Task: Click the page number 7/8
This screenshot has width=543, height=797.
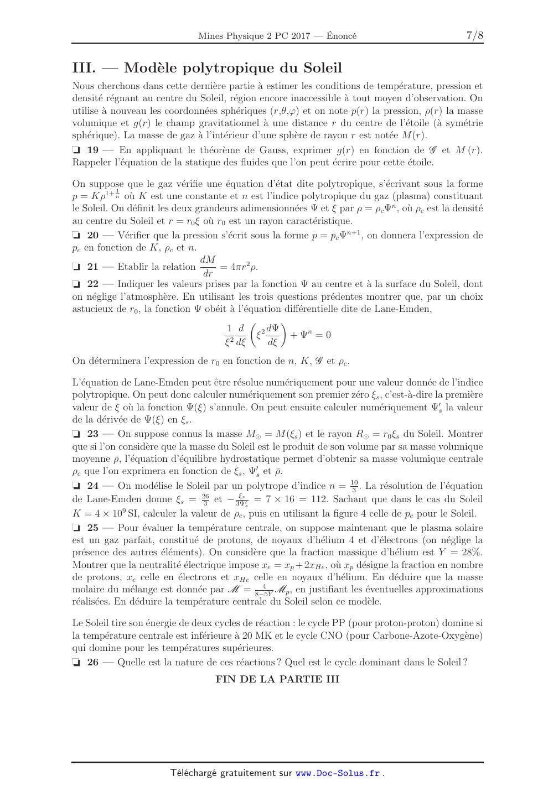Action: pos(475,36)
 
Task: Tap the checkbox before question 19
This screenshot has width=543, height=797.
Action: pos(76,150)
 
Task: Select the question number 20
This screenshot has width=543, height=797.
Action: pos(93,235)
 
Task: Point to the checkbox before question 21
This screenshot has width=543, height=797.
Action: pos(76,267)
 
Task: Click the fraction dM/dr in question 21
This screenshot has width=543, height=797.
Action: pos(208,266)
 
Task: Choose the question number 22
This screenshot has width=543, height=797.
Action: pos(93,284)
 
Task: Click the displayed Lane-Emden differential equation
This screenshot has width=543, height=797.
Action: pos(277,335)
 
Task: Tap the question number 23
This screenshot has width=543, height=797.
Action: pos(93,434)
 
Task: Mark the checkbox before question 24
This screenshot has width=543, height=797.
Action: pos(76,486)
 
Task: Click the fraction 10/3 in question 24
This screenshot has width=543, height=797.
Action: pos(354,486)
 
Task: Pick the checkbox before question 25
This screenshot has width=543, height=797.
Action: pos(76,528)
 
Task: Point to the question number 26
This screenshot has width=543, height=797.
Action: pos(93,662)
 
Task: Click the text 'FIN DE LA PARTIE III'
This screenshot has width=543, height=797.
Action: pos(277,679)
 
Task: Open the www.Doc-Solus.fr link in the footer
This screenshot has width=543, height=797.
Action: pos(338,773)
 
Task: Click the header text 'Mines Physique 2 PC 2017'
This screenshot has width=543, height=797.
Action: pos(249,36)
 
